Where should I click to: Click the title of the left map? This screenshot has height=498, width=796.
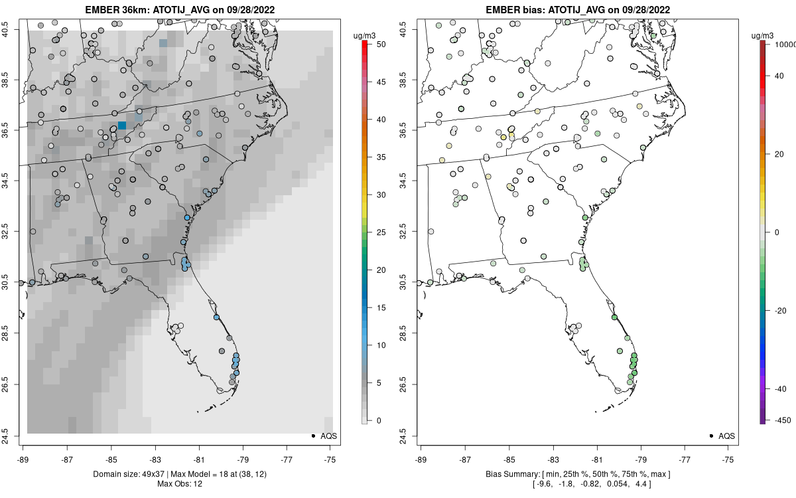point(180,10)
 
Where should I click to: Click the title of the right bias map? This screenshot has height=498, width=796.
point(578,10)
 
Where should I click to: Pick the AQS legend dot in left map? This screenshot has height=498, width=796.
point(312,436)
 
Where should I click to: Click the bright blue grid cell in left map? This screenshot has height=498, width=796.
point(122,125)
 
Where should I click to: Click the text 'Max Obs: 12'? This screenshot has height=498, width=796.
point(180,483)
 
